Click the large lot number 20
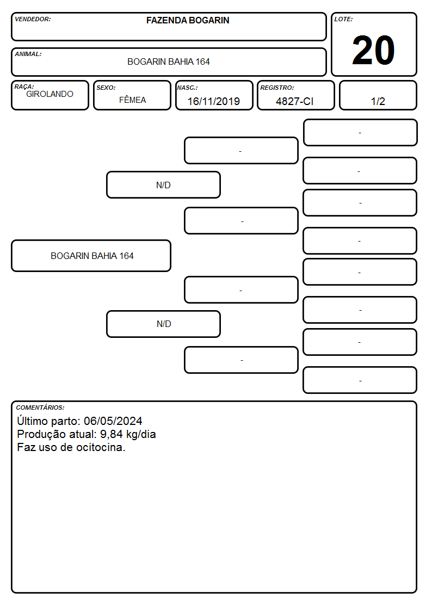click(373, 50)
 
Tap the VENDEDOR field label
click(33, 19)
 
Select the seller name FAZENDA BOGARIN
click(188, 20)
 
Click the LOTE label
click(343, 19)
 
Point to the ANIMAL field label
click(28, 54)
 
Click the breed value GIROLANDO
click(50, 94)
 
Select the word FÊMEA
click(132, 100)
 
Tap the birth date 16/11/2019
click(213, 101)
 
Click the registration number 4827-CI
click(294, 101)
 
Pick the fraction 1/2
click(378, 101)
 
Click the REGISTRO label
click(277, 88)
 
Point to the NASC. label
click(187, 88)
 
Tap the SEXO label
click(106, 88)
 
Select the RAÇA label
click(24, 87)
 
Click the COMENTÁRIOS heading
click(40, 408)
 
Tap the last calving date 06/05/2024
click(113, 421)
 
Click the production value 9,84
click(112, 434)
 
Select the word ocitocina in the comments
click(100, 447)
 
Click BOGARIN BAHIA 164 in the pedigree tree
click(92, 256)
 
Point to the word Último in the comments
click(32, 421)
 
